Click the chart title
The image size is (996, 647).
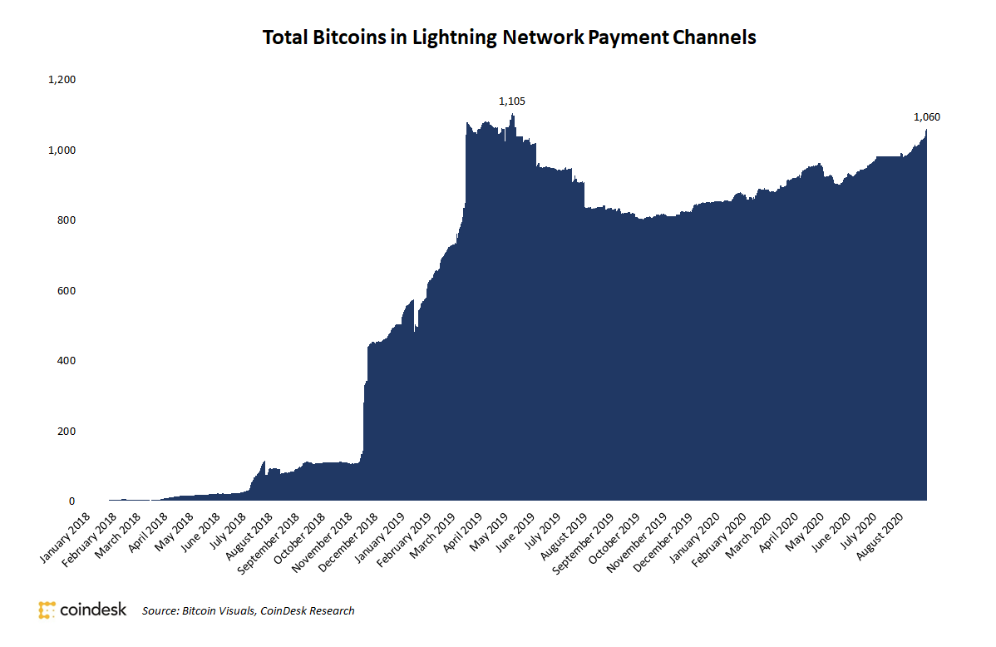point(509,38)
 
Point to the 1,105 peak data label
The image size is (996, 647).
point(511,101)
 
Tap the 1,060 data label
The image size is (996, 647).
point(926,117)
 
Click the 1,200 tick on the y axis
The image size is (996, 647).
point(62,80)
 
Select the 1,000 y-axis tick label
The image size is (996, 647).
point(62,151)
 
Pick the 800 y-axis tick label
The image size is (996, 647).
point(66,220)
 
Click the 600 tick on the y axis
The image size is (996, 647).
point(66,291)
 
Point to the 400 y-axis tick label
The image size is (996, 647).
point(66,361)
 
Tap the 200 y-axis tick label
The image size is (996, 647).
point(66,432)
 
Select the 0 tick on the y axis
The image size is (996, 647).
point(72,501)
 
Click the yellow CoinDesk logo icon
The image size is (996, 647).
point(47,610)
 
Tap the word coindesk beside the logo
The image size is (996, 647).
point(93,610)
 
